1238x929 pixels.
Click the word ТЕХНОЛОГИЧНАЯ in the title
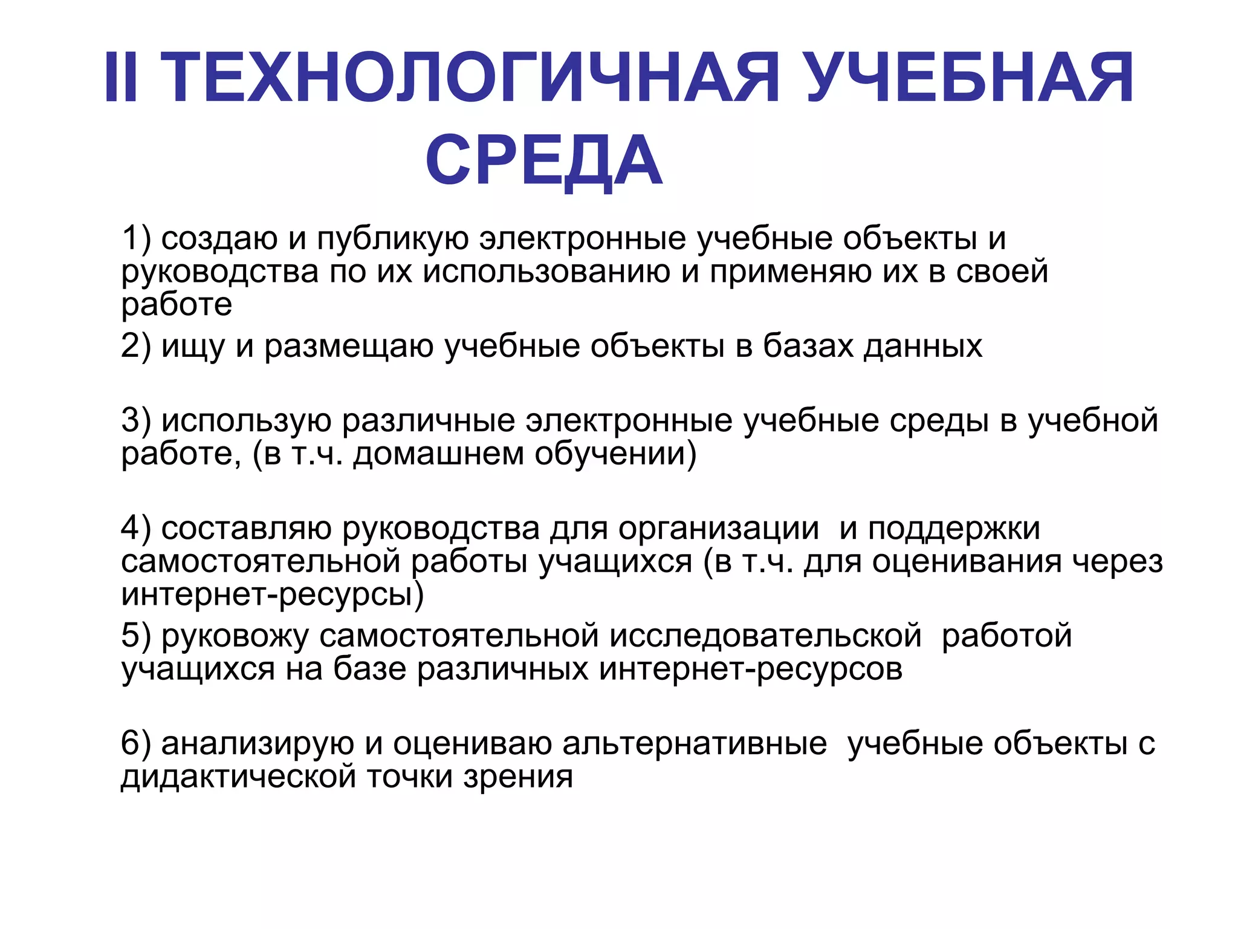point(472,79)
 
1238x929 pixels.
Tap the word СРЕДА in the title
point(544,161)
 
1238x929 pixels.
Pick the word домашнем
point(438,454)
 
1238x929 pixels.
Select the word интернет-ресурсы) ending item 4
point(273,595)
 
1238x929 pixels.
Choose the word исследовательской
point(765,636)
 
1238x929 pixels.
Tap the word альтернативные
point(695,744)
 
